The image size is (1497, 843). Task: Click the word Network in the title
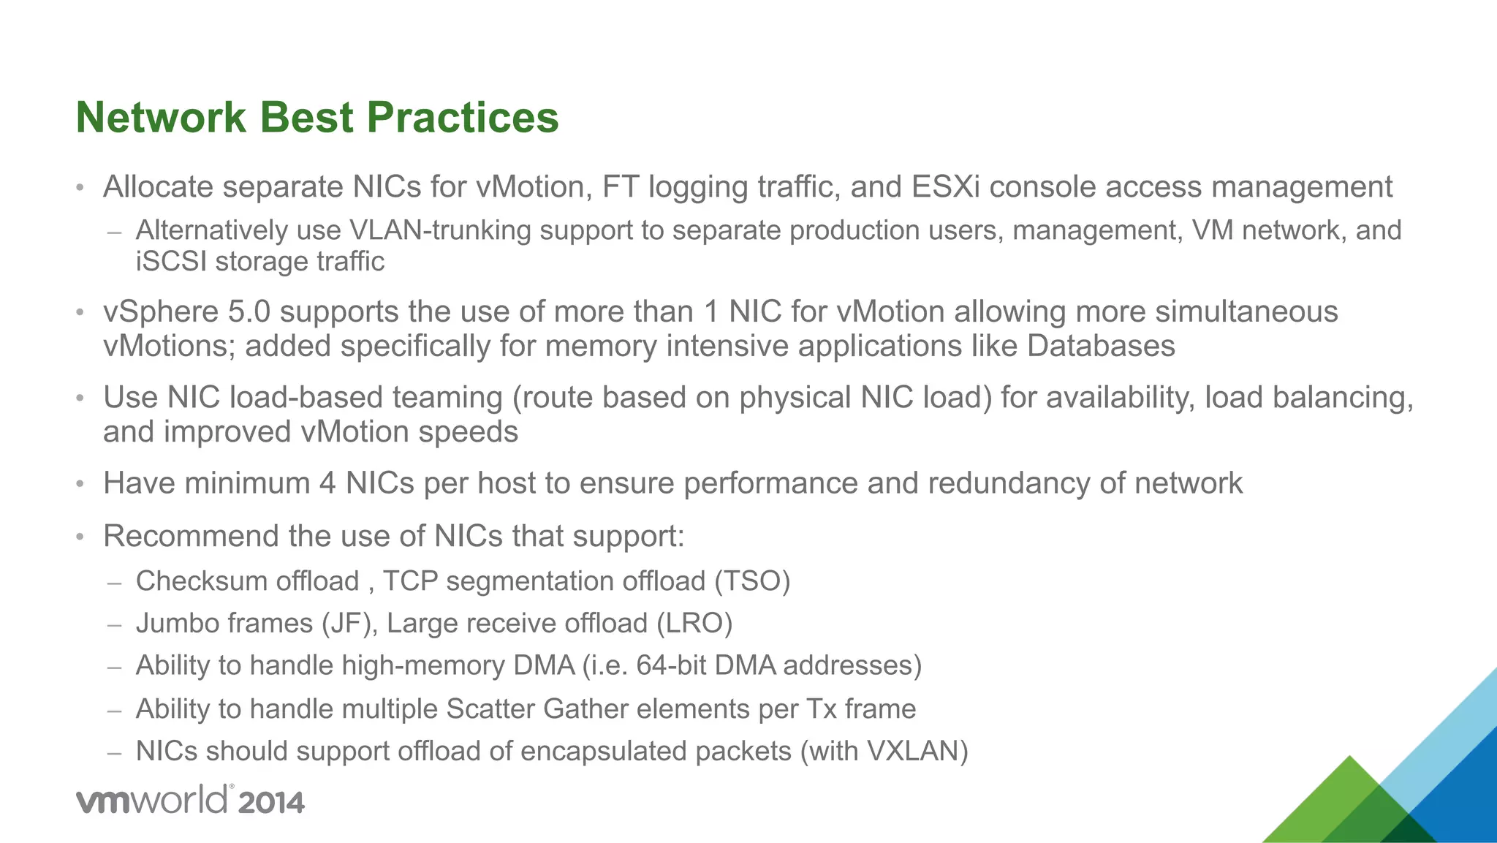(x=161, y=118)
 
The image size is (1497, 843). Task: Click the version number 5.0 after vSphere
(x=249, y=312)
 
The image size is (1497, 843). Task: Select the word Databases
(x=1101, y=346)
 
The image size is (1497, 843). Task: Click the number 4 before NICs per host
(x=327, y=483)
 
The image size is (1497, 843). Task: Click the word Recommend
(x=191, y=536)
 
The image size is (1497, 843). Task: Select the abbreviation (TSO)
(x=752, y=581)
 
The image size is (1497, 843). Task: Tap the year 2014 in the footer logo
(x=270, y=803)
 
